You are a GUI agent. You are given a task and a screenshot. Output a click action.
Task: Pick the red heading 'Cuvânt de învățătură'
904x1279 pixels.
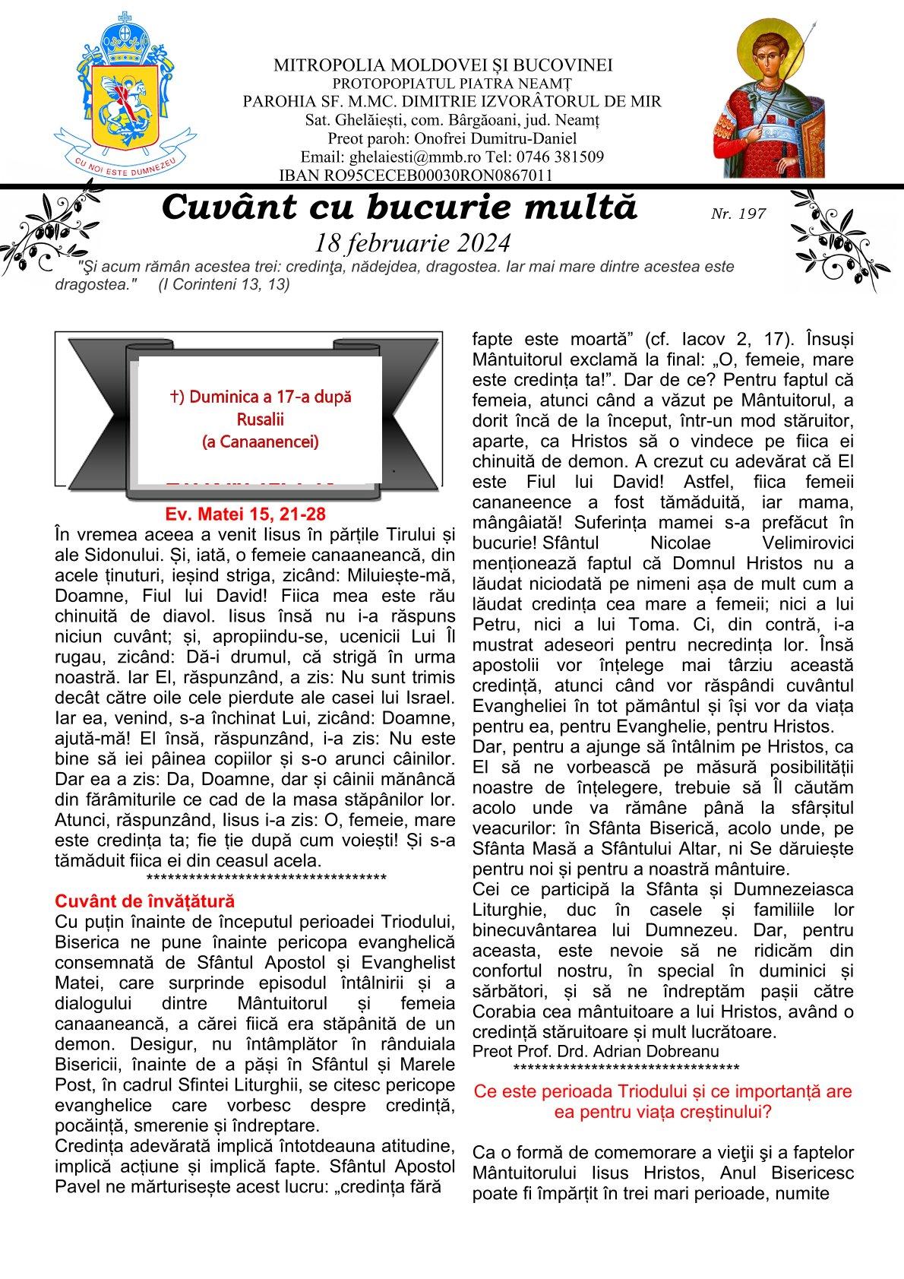click(145, 901)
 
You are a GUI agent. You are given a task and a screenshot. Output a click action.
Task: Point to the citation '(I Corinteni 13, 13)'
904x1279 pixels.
click(224, 284)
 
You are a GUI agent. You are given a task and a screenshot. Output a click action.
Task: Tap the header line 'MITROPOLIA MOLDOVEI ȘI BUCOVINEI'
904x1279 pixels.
click(443, 66)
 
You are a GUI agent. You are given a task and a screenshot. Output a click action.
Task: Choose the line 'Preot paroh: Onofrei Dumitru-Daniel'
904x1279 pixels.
click(452, 138)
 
